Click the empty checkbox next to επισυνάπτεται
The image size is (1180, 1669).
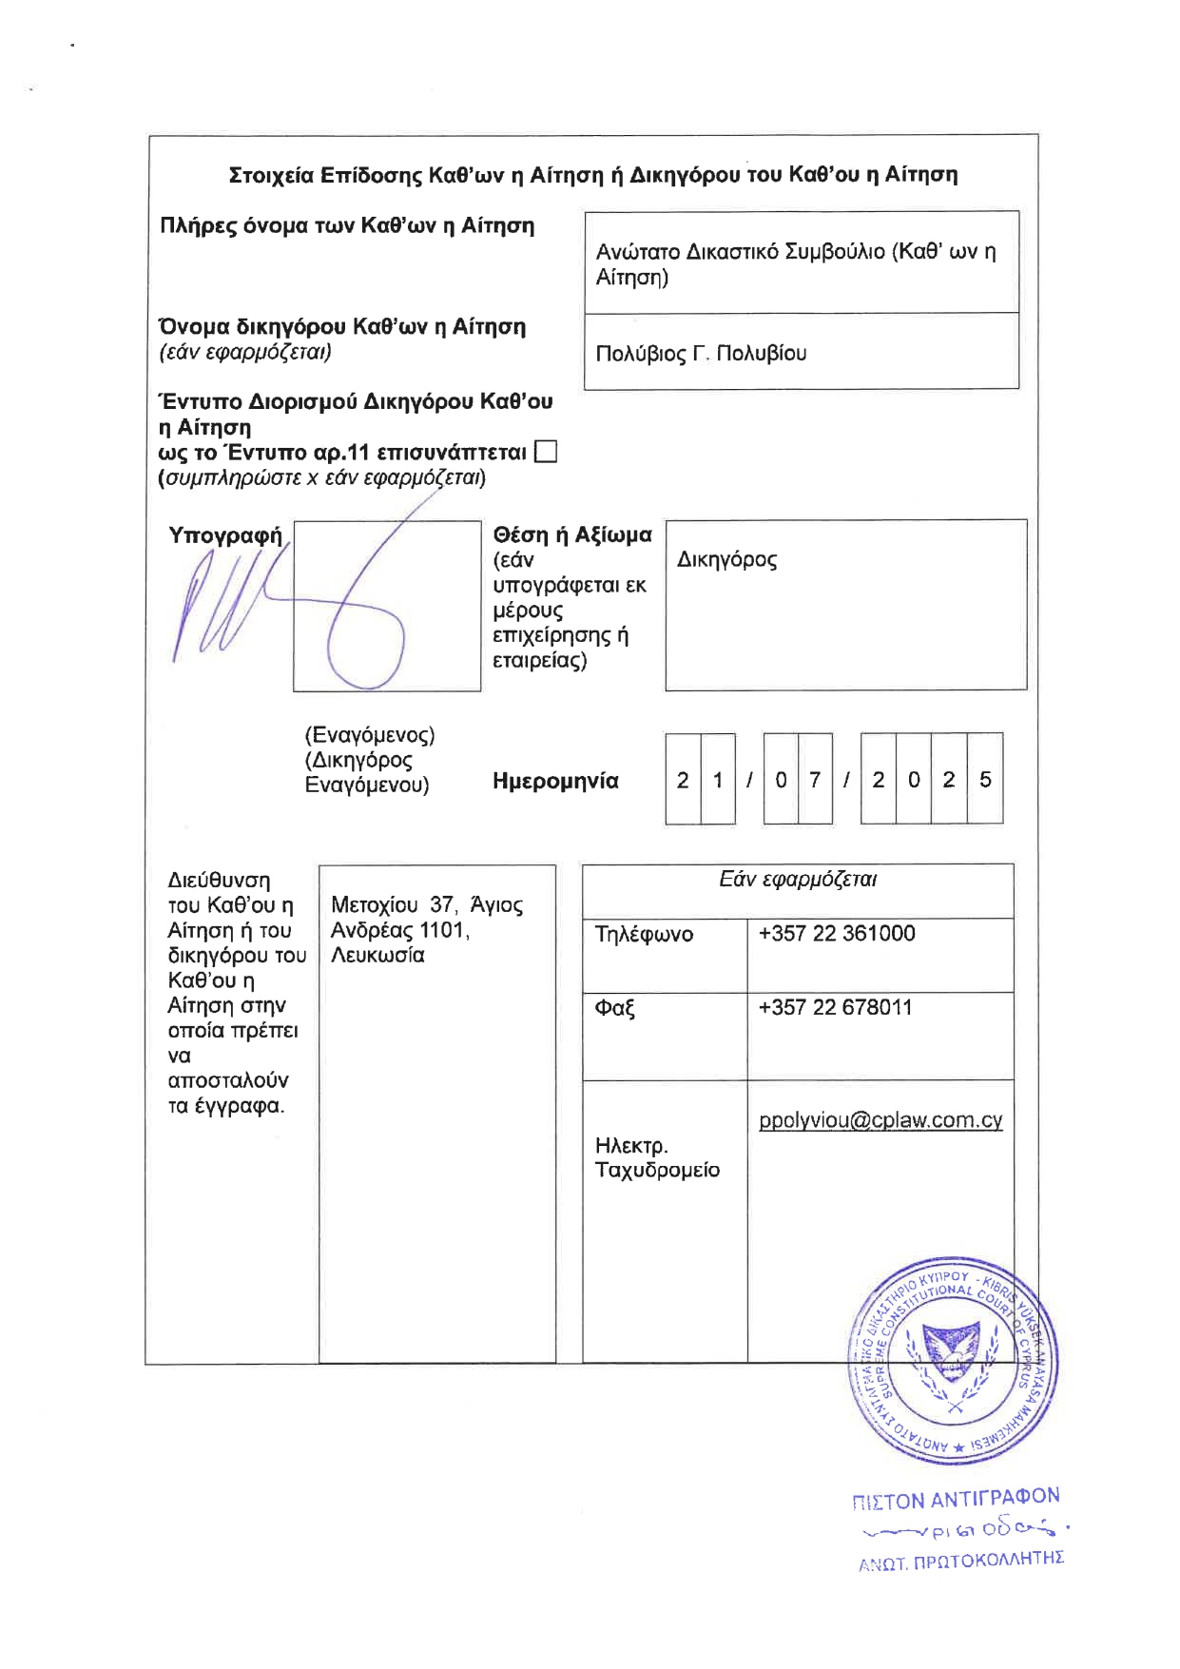546,452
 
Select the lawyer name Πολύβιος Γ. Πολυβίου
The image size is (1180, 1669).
701,354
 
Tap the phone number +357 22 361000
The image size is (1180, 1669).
837,933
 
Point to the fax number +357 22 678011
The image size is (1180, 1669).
835,1007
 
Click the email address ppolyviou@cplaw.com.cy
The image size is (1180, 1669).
880,1120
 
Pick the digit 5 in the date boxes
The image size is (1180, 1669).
985,780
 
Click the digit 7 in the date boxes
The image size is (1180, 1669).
815,780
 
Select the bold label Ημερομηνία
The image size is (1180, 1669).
555,782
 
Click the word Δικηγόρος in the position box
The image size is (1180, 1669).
726,559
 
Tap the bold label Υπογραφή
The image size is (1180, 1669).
225,535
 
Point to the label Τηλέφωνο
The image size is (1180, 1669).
644,934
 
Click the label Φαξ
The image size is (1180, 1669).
614,1008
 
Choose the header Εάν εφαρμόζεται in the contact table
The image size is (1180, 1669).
798,880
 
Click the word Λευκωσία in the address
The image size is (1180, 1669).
377,956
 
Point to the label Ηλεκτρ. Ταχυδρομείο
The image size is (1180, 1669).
657,1157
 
